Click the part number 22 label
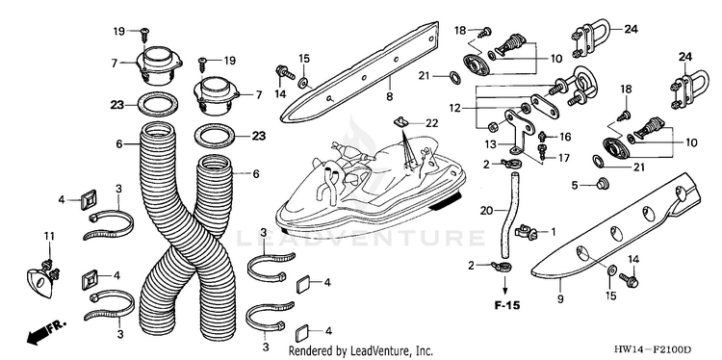(431, 123)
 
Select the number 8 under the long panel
(390, 96)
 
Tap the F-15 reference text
(506, 305)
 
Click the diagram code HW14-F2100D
(652, 349)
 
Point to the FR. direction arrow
(46, 331)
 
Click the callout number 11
(49, 236)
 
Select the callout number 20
(486, 211)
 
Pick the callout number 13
(491, 144)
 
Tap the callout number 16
(565, 137)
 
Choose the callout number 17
(563, 158)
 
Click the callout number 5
(574, 185)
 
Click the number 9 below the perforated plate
(560, 298)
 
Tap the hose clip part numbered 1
(527, 231)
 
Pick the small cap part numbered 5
(601, 185)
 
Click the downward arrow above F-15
(505, 286)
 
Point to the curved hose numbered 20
(509, 215)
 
